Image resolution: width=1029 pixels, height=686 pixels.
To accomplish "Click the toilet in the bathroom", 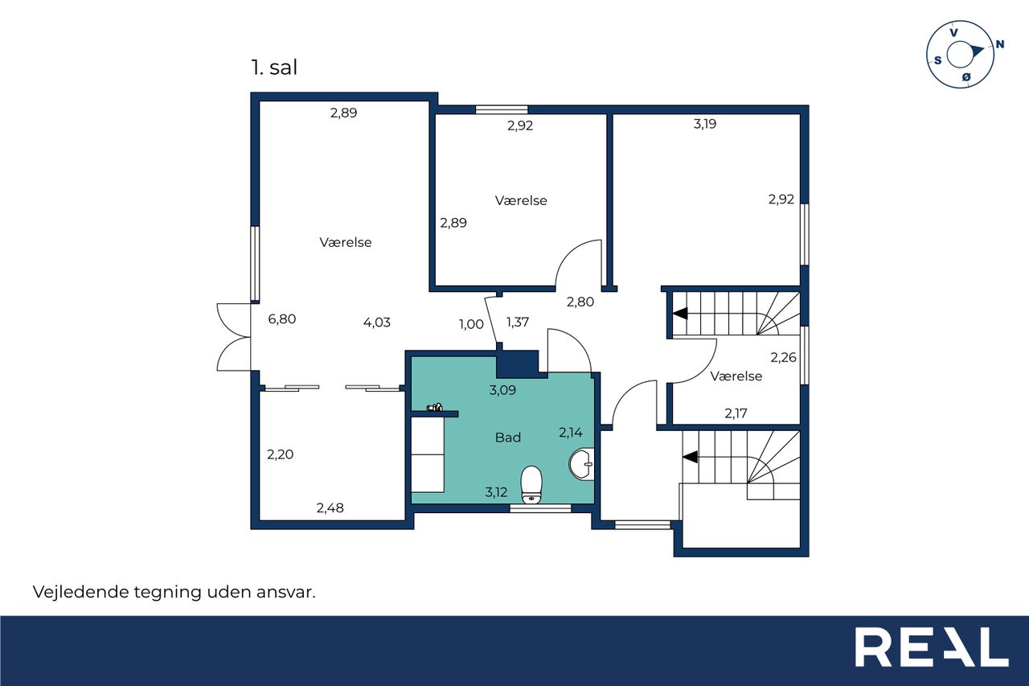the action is (531, 485).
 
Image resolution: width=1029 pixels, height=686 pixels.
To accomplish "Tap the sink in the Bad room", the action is (581, 464).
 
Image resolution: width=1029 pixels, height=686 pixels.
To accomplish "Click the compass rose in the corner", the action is (960, 54).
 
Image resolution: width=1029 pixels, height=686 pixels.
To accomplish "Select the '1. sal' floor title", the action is (274, 68).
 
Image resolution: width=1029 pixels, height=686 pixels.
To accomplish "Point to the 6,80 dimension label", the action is (281, 319).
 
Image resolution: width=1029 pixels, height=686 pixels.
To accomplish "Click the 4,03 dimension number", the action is (377, 322).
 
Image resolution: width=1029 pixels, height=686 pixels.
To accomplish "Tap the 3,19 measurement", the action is (705, 124).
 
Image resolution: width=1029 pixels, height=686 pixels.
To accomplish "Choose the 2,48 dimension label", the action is (330, 507).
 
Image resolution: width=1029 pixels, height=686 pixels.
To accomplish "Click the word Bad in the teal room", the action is (508, 437).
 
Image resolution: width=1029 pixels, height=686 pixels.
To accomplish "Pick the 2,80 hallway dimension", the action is (580, 302).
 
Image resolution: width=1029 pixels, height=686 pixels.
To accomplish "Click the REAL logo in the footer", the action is (932, 647).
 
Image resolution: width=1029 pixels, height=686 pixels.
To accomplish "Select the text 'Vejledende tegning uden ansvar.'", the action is (174, 592).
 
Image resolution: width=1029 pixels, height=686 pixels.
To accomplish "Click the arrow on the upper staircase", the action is (680, 314).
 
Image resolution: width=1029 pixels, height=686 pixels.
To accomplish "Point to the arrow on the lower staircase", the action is (691, 457).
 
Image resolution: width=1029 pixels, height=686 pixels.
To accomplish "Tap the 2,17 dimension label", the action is (736, 413).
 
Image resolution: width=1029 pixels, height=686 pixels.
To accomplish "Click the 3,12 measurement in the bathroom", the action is (496, 492).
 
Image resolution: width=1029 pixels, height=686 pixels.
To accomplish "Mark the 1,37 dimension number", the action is (517, 322).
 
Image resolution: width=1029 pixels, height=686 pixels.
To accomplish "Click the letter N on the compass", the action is (1000, 44).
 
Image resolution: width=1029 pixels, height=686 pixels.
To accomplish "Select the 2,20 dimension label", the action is (281, 454).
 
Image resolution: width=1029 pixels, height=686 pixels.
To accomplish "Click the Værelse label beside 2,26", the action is (736, 376).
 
